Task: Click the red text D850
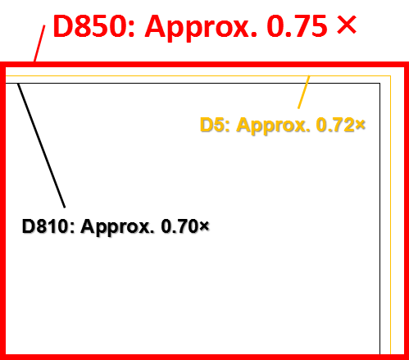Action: pos(89,26)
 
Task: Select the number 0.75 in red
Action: pos(297,26)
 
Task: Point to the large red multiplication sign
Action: pos(347,25)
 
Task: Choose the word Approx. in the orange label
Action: pos(273,126)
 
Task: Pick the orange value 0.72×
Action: pos(340,125)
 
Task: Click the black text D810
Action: pos(45,226)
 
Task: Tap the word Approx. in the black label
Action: pos(116,227)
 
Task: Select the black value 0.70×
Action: pos(185,226)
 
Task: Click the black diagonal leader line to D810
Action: pos(41,145)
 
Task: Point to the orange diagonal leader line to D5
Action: pos(303,93)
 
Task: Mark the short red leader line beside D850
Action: pos(39,43)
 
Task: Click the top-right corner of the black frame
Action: pos(379,83)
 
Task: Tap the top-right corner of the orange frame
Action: pos(390,75)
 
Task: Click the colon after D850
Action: pos(131,30)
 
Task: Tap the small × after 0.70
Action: pos(204,226)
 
